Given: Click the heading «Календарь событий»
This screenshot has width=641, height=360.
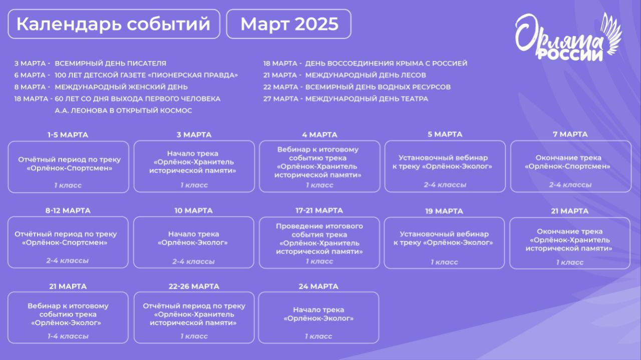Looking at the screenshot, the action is [114, 24].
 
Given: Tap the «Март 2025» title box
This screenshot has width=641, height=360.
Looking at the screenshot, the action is [289, 24].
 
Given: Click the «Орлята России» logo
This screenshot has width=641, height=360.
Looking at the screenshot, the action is [568, 37].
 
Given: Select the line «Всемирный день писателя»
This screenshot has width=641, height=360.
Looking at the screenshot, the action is [111, 63].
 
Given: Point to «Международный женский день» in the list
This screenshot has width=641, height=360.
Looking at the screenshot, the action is [121, 87].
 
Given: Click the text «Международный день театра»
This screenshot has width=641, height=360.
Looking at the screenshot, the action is [367, 99].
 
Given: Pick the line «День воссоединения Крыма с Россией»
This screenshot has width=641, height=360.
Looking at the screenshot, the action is [386, 63].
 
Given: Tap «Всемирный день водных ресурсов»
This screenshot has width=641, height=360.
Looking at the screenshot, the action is [378, 87].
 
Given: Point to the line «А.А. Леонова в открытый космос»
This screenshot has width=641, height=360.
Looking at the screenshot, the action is [123, 111].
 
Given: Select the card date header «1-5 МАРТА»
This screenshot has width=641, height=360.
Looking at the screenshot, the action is [68, 135].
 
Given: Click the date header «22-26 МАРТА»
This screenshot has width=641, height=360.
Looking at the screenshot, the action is [194, 286].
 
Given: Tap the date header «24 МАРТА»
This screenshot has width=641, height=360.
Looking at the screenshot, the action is [318, 286].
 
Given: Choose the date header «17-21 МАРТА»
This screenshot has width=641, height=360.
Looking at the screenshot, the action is [319, 211].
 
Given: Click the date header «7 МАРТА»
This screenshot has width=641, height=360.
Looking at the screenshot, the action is [570, 134].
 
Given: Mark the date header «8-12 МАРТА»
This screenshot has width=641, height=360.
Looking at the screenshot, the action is [68, 211].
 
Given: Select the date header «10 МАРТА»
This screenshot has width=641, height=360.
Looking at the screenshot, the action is [193, 211].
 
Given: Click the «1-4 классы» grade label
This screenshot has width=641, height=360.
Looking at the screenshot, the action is [68, 336].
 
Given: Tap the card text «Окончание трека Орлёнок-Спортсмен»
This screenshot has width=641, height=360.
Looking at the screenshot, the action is [568, 162].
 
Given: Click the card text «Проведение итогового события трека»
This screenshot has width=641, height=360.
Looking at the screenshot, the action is [319, 230].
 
